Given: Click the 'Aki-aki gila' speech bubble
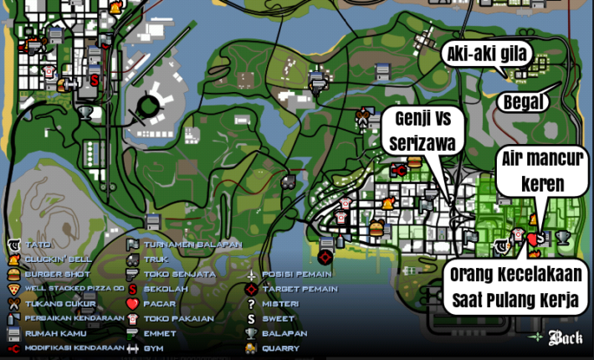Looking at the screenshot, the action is [x=486, y=55].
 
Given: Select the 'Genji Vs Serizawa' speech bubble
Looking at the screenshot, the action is [x=424, y=131].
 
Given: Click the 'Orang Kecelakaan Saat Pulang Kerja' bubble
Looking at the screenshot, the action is [x=515, y=287].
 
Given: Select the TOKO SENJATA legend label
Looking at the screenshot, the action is [x=179, y=274].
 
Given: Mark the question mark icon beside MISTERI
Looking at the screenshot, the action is [x=250, y=303].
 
